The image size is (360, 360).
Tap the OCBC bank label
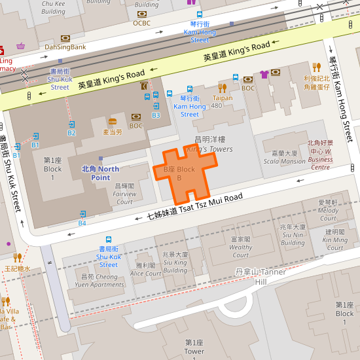pos(142,22)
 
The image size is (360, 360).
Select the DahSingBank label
pos(65,46)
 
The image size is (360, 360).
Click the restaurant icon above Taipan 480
pos(223,88)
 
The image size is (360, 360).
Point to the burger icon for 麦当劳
pos(113,122)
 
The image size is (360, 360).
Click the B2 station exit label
pos(71,132)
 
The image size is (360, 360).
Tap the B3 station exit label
pos(156,115)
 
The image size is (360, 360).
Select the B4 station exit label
pos(82,223)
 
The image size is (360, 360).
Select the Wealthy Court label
pos(241,243)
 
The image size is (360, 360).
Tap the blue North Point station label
pos(100,173)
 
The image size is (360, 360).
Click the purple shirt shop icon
pos(264,74)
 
